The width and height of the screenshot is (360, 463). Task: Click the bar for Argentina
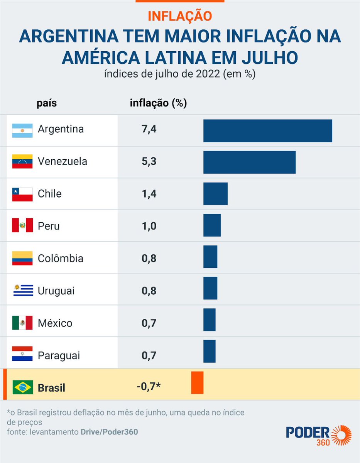click(267, 131)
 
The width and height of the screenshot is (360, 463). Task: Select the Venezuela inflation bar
click(249, 162)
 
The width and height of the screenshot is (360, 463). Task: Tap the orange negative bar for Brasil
click(197, 383)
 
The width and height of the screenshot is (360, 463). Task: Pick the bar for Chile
click(215, 194)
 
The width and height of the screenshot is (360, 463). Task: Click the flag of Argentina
click(22, 130)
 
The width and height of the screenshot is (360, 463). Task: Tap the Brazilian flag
click(22, 387)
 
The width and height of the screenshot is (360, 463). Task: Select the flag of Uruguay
click(22, 291)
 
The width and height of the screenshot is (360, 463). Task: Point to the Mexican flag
click(22, 323)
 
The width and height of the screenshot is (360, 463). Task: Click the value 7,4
click(149, 129)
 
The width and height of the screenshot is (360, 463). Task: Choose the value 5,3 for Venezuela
click(149, 162)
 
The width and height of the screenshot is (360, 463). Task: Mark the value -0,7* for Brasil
click(149, 387)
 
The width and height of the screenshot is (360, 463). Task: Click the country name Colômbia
click(61, 258)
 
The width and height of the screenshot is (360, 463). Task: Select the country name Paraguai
click(59, 355)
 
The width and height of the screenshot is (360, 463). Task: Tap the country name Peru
click(49, 226)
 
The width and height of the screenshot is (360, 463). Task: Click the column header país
click(47, 103)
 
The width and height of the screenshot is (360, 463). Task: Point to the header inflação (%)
click(158, 103)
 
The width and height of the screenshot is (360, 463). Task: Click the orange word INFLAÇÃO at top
click(180, 16)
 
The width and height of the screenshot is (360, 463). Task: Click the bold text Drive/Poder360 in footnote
click(109, 432)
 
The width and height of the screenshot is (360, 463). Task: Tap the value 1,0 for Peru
click(149, 226)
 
